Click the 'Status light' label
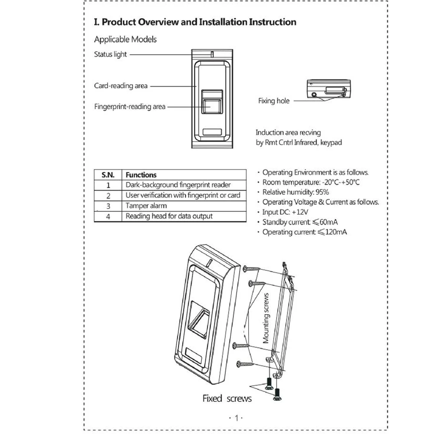tap(111, 55)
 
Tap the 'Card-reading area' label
tap(121, 86)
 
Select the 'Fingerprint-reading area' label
tap(130, 106)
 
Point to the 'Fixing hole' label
tap(273, 101)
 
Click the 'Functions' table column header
tap(141, 175)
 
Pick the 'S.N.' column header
tap(108, 175)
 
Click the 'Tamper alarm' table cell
tap(146, 206)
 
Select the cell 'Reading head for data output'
tap(169, 216)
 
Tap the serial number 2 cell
tap(108, 196)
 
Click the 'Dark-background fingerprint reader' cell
tap(178, 185)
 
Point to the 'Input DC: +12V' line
tap(285, 212)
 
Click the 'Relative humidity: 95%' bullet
tap(296, 192)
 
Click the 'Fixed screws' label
tap(227, 398)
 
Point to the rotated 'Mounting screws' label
tap(266, 318)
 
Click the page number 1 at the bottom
tap(237, 418)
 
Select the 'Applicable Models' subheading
tap(125, 39)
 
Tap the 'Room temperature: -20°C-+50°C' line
tap(311, 182)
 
